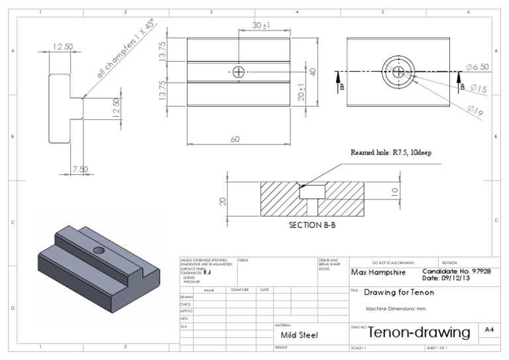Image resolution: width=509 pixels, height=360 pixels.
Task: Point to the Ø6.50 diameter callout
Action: [477, 68]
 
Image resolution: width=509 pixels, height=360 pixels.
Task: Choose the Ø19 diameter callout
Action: [475, 112]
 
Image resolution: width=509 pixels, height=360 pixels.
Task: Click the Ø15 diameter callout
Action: [479, 88]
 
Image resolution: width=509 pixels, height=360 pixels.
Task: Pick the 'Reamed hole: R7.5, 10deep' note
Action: [391, 152]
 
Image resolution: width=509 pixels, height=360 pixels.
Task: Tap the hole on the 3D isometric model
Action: [98, 250]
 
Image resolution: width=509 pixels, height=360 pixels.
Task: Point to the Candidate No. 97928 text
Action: [457, 271]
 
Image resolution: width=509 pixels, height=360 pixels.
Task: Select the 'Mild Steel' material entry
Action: [299, 335]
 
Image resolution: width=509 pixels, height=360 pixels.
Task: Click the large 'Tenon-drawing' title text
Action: [419, 331]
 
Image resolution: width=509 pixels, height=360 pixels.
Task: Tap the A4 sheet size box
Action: [488, 329]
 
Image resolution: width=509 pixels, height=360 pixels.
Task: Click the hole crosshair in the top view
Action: [239, 72]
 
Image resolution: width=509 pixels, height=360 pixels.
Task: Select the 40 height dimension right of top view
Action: [313, 72]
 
